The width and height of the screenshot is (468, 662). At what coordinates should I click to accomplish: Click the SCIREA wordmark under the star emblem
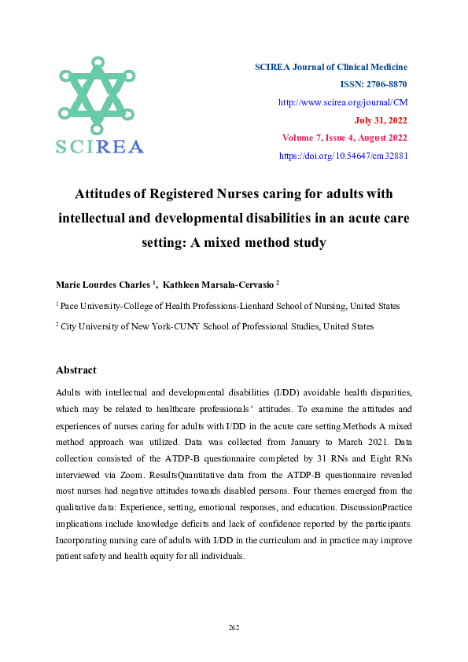click(x=99, y=147)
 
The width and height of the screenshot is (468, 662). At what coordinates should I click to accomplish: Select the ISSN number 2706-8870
click(x=385, y=84)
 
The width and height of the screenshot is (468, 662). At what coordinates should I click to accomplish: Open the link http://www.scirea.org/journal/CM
click(x=344, y=102)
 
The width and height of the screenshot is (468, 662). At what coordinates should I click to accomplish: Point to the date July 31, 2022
click(x=381, y=120)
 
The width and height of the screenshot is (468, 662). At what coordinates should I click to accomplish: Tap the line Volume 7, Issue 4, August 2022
click(x=345, y=138)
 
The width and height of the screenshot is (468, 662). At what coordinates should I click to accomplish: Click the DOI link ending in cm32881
click(x=344, y=156)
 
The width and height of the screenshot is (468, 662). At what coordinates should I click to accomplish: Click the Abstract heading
click(x=76, y=370)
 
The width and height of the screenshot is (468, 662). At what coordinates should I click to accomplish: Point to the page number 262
click(x=234, y=627)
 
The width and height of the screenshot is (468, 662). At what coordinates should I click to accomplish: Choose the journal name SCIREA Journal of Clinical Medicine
click(x=330, y=67)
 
